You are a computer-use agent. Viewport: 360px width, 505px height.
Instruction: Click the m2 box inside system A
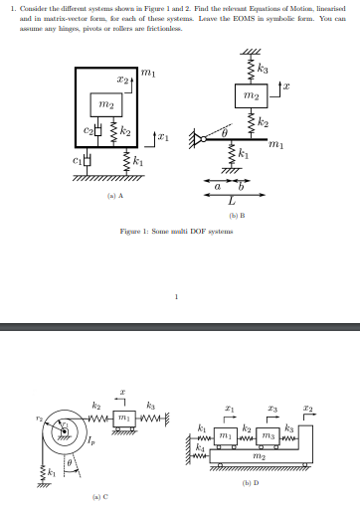(x=105, y=104)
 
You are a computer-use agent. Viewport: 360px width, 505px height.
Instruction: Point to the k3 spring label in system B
(x=262, y=69)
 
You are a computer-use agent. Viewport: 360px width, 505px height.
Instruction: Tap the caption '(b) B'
(x=236, y=215)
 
